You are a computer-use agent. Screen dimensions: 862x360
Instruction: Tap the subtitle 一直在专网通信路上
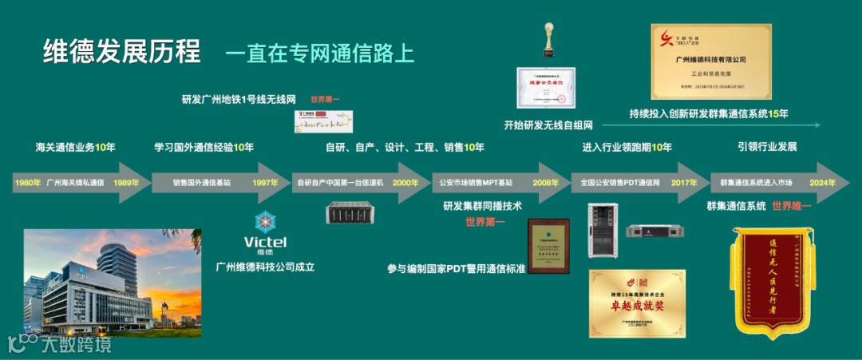point(319,53)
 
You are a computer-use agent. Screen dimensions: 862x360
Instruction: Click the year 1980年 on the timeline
point(27,183)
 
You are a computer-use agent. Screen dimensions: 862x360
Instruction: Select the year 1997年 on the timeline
point(266,183)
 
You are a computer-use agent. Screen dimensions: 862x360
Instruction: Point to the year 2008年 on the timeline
point(546,183)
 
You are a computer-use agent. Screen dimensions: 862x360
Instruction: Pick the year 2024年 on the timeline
point(823,183)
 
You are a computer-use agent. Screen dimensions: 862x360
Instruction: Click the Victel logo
point(264,232)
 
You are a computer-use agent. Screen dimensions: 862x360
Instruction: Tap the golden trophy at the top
point(548,38)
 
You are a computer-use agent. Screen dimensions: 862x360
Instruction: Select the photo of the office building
point(112,283)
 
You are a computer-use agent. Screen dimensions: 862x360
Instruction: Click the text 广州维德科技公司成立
point(265,267)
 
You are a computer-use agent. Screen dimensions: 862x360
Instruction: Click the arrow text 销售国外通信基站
point(202,183)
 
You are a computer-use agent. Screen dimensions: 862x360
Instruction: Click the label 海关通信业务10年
point(75,147)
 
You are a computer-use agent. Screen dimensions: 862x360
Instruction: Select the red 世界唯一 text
point(791,206)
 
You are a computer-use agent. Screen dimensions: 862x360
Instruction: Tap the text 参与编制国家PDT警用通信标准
point(456,269)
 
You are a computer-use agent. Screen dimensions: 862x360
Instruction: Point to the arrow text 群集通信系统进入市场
point(756,183)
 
